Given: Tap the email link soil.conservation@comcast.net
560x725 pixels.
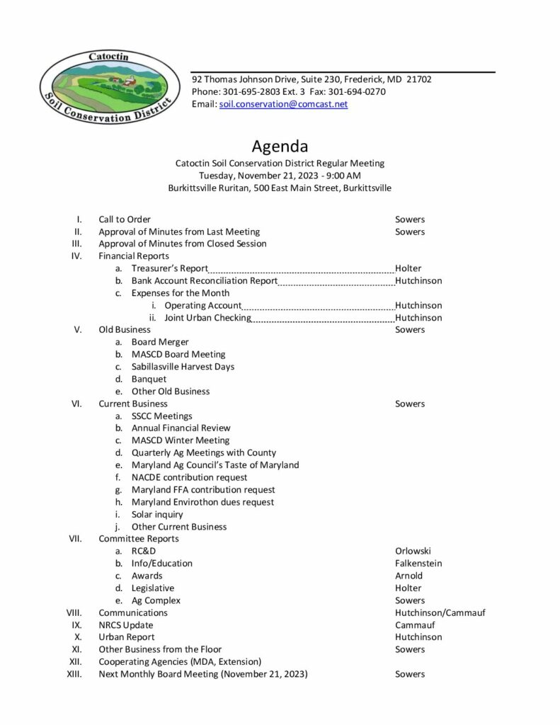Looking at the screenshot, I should (284, 104).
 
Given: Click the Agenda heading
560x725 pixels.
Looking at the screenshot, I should (280, 147).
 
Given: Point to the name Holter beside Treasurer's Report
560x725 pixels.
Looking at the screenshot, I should (408, 268).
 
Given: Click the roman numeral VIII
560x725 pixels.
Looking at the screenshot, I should (74, 612).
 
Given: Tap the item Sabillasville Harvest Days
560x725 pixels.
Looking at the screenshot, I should (183, 367).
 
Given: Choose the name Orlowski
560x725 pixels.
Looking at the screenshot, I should (413, 551).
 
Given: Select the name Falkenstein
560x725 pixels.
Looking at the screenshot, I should (418, 564).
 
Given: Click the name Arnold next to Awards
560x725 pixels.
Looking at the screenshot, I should (408, 576).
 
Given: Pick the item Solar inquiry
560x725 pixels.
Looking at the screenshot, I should (157, 514).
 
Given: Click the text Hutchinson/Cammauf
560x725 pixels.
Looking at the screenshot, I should (440, 612).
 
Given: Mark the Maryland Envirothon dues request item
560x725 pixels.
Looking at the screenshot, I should (202, 502).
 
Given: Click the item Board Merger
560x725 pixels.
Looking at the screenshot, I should (160, 342).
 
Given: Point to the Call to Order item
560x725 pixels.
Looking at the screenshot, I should (125, 219).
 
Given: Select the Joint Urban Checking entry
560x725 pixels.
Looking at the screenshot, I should (207, 318).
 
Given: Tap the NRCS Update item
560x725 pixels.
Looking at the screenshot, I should (126, 625).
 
